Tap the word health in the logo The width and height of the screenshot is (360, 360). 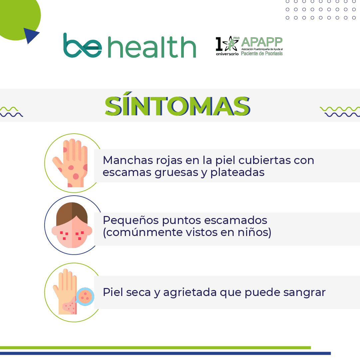[152, 47]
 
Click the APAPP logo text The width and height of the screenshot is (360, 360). [262, 42]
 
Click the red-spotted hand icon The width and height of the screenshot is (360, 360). [70, 163]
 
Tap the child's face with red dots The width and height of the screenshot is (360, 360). [72, 225]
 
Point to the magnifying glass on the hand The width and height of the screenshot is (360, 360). [85, 297]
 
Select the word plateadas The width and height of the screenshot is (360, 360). [237, 172]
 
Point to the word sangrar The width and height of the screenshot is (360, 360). [304, 293]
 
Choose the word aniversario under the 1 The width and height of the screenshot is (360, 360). [227, 54]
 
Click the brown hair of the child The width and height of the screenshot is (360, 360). [72, 213]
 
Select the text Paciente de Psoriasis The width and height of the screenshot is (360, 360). [262, 54]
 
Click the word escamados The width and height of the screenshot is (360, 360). [235, 220]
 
